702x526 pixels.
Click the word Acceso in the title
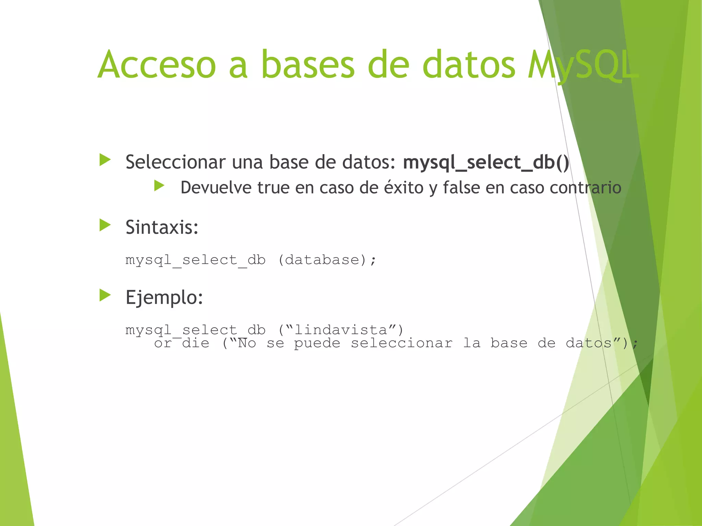(x=157, y=64)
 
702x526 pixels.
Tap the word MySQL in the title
(x=583, y=65)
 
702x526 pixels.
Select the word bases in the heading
(x=307, y=64)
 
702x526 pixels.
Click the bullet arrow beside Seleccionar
(x=105, y=160)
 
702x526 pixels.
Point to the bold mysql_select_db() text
(x=486, y=162)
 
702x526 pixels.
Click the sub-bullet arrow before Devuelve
(x=159, y=186)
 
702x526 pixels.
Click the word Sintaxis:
(x=162, y=227)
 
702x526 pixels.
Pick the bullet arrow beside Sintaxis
(x=105, y=225)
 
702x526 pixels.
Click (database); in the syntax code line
(x=327, y=260)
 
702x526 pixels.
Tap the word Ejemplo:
(x=164, y=297)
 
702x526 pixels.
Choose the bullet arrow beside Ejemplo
(x=105, y=295)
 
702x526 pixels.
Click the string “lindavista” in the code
(x=341, y=330)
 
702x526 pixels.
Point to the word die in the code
(x=195, y=343)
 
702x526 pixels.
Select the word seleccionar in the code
(x=401, y=343)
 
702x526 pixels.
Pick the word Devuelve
(x=216, y=188)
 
